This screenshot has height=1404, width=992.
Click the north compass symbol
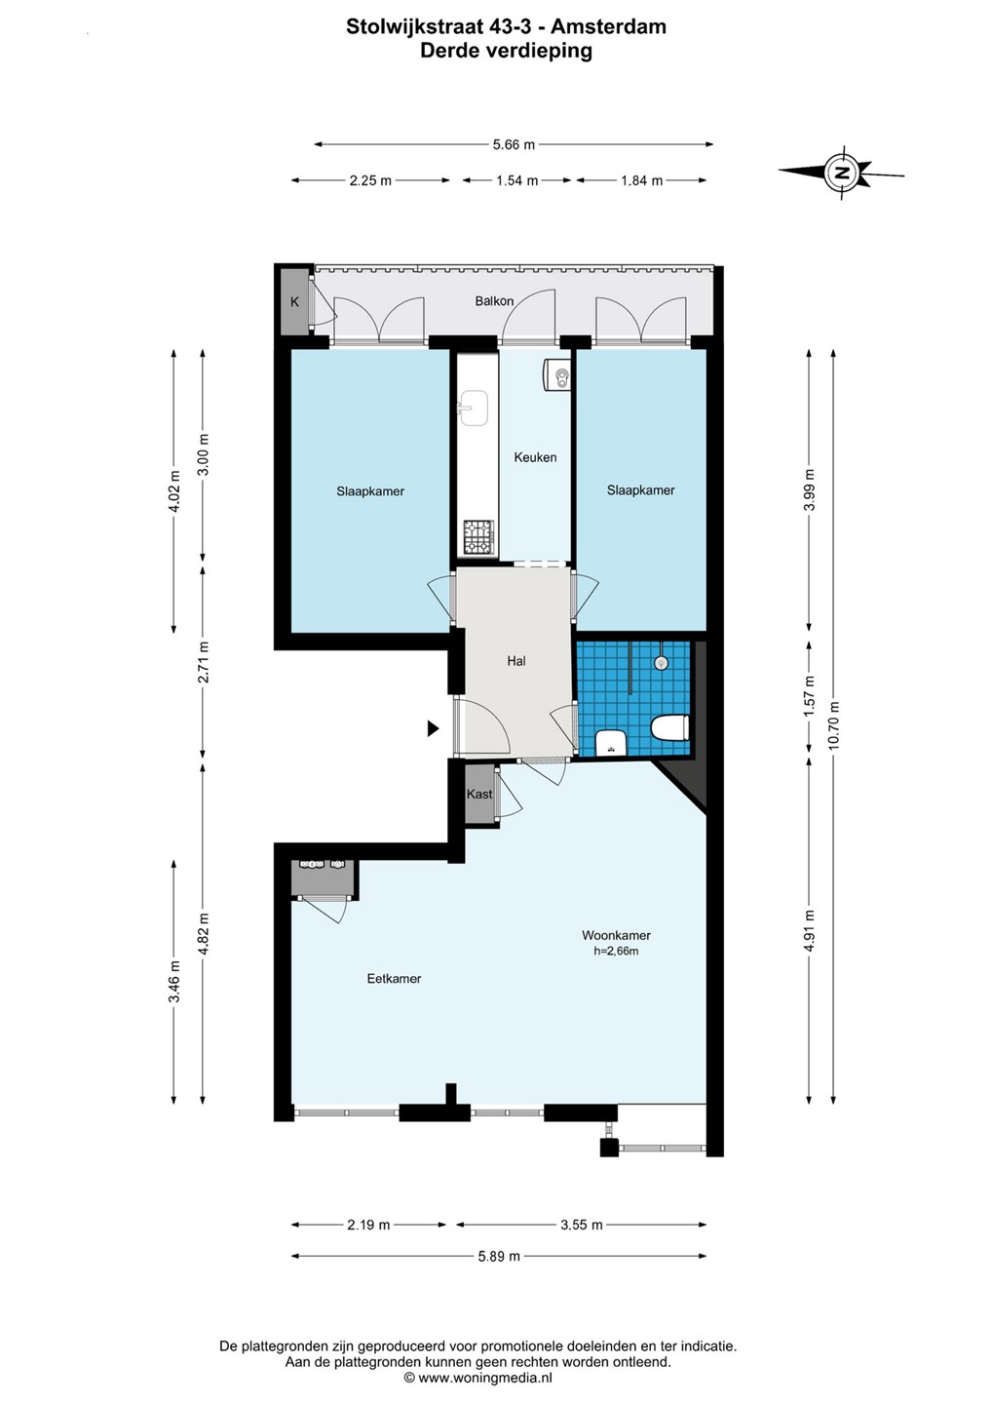pos(841,172)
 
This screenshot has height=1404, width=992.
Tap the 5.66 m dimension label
pos(514,144)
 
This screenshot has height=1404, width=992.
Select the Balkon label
pos(494,301)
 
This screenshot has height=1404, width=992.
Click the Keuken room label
pos(535,457)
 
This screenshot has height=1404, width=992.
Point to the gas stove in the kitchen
pos(479,537)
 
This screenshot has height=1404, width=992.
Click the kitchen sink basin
pos(474,408)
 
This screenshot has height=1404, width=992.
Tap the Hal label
pos(516,661)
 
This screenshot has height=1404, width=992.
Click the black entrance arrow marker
pos(433,728)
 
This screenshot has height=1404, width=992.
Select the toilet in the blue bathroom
pos(670,728)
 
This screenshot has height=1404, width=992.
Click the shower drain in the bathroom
pos(660,663)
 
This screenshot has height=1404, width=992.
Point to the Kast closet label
pos(479,794)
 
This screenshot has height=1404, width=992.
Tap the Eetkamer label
pos(394,979)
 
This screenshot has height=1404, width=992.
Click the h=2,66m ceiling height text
pos(616,951)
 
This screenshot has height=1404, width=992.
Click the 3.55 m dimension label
pos(582,1225)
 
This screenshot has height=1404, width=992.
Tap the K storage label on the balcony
pos(294,301)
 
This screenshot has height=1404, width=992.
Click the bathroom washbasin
pos(611,743)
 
